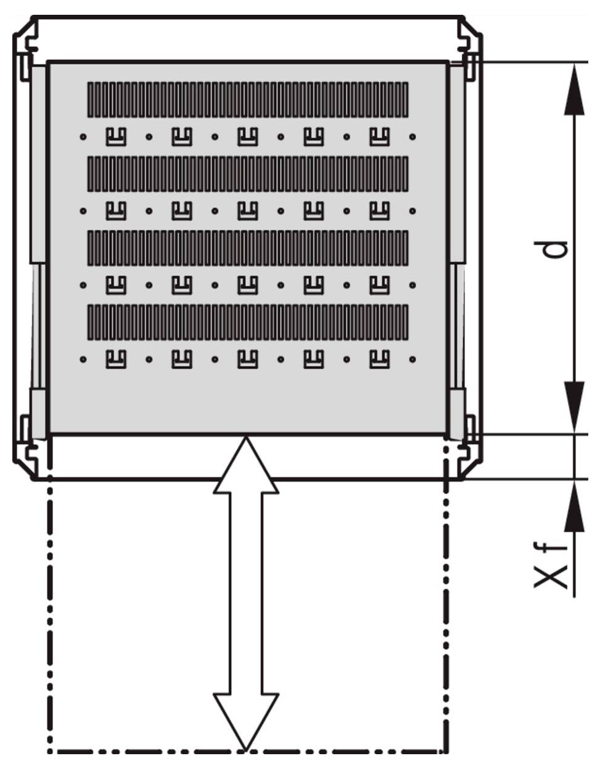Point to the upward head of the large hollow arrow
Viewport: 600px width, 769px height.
[x=246, y=466]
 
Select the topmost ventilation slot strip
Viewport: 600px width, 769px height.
[x=248, y=100]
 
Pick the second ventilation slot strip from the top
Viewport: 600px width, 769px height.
[x=248, y=174]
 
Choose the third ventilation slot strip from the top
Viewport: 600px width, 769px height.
[x=248, y=248]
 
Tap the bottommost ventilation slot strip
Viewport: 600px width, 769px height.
[x=248, y=322]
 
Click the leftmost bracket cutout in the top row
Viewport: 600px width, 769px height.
[x=116, y=137]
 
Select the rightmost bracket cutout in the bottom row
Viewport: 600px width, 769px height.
[x=380, y=360]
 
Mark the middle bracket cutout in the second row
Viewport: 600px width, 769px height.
[x=248, y=211]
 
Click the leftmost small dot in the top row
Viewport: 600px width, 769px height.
[x=83, y=137]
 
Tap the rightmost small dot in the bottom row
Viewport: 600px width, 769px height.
[x=413, y=360]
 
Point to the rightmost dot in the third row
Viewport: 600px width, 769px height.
[x=413, y=286]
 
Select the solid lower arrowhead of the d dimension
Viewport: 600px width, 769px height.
[x=574, y=408]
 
